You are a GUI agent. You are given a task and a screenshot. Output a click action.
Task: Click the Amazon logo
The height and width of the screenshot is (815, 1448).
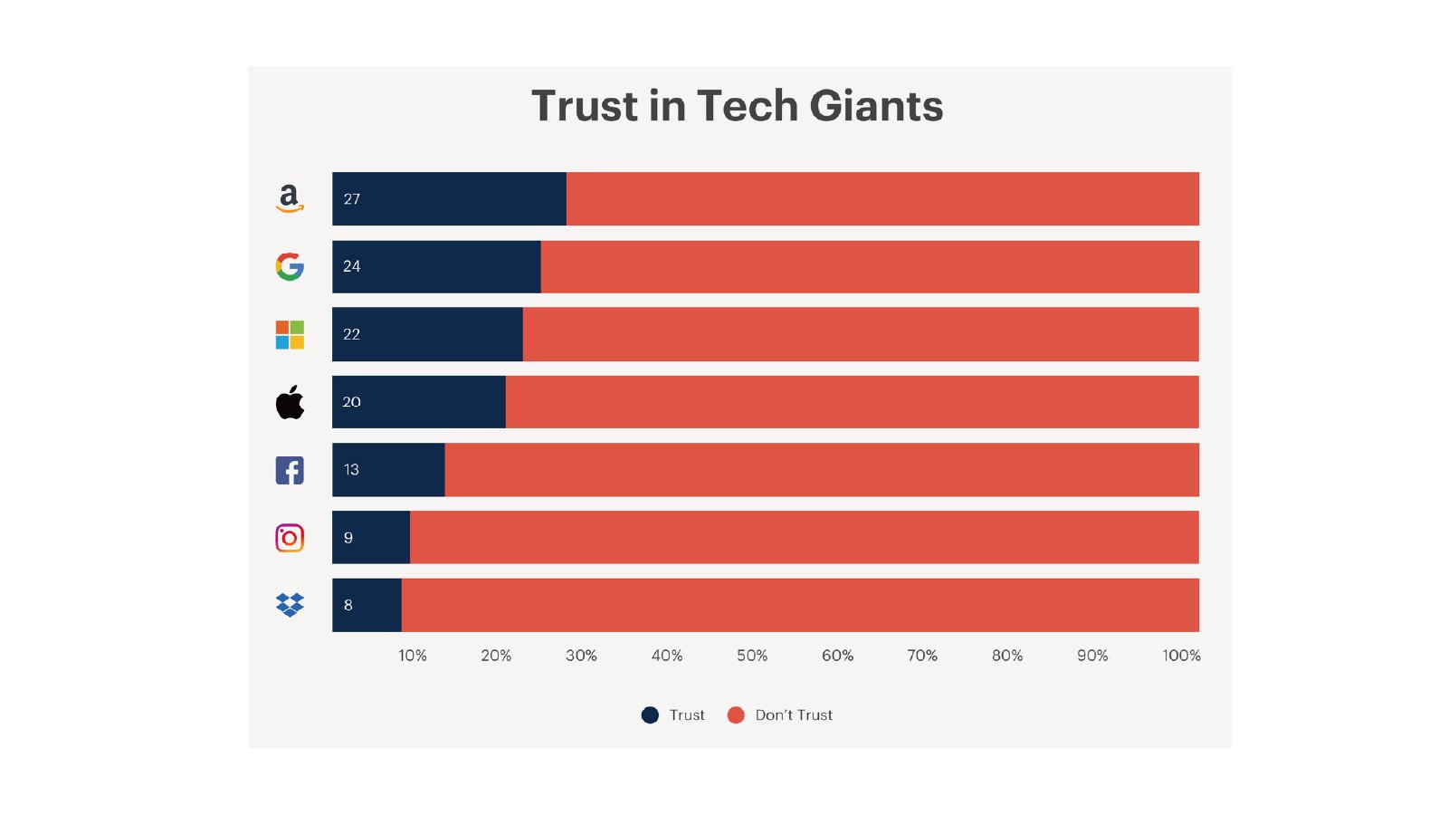290,198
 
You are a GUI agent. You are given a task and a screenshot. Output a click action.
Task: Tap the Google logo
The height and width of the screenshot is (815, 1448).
290,266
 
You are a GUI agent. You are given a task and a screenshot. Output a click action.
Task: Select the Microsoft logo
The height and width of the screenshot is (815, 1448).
290,334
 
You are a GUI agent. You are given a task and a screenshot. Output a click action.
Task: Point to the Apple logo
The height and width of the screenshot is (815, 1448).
290,402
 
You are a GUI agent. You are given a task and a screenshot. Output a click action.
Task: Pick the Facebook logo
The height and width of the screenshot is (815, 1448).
290,470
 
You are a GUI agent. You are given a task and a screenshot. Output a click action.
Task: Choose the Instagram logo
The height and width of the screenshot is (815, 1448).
290,538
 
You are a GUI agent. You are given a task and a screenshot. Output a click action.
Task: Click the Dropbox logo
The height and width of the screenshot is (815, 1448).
290,605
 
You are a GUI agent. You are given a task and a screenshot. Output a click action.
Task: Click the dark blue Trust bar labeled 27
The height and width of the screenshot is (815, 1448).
450,198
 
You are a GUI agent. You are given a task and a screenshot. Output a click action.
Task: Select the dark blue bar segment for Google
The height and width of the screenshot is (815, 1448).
436,266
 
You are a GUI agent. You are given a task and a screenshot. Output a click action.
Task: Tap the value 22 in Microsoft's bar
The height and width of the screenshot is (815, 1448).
352,334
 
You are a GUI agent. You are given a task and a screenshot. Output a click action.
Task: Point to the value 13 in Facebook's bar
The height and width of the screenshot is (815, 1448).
351,470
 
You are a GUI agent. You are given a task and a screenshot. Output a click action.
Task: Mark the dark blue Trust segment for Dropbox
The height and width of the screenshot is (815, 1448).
367,605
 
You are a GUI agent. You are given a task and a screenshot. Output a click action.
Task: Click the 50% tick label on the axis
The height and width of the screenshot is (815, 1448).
752,656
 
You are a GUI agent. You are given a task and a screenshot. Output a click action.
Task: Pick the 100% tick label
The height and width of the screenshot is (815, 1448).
1181,656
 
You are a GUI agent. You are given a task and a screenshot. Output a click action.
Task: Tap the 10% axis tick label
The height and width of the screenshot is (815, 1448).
413,656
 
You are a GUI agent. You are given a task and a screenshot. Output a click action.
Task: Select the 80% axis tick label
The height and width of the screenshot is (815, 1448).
1007,656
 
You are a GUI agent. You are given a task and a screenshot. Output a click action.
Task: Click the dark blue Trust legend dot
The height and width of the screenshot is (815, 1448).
650,715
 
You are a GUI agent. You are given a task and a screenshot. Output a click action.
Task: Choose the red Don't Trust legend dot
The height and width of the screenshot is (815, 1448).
736,715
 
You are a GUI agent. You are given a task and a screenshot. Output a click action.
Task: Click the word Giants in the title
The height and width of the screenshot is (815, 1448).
876,106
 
